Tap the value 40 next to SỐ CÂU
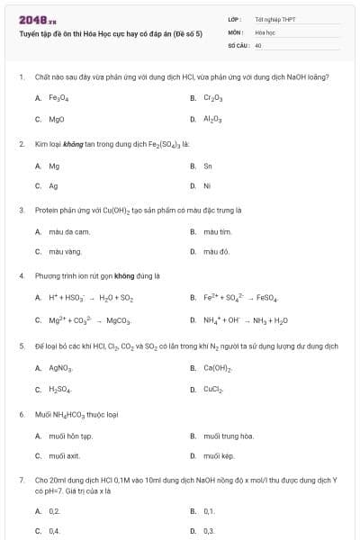pos(258,44)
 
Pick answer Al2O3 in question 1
pos(213,119)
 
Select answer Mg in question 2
pos(54,166)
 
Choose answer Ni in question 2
pos(208,186)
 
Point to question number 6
pos(21,414)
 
